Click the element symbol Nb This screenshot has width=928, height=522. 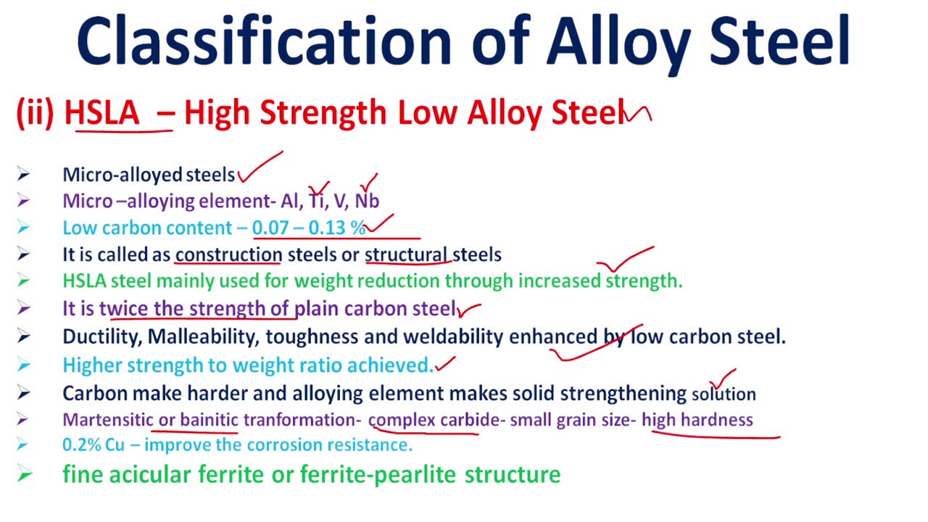tap(367, 201)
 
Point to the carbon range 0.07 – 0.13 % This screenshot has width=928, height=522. tap(309, 228)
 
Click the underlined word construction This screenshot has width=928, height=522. tap(228, 254)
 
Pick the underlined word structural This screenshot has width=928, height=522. tap(407, 254)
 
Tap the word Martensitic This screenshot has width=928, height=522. tap(108, 420)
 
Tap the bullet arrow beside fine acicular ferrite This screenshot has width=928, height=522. tap(25, 475)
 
